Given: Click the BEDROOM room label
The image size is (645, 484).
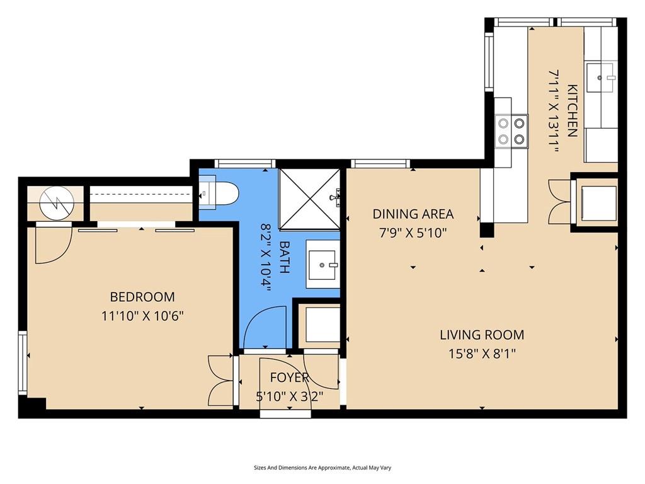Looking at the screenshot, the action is coord(142,297).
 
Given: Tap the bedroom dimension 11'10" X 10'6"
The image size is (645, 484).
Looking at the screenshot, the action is coord(142,316).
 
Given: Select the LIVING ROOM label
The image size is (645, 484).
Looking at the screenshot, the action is coord(482,335).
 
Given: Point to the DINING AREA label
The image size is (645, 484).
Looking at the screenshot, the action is coord(413,214).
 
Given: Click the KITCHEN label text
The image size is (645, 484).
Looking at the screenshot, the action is coord(573,110).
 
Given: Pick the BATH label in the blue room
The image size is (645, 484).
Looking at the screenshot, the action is coord(284,257).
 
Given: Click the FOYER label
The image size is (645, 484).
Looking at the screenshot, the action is coord(290,377).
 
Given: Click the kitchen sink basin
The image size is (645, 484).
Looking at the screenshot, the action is coord(600,78).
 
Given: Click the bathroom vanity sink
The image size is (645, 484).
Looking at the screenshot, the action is coord(322,264).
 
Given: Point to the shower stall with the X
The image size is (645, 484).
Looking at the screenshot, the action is coord(310,199).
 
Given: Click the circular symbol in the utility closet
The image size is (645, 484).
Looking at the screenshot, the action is coord(57,203).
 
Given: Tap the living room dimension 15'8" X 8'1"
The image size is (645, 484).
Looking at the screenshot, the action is coord(482,354).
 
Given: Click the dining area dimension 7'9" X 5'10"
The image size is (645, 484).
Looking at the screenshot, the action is coord(413,233).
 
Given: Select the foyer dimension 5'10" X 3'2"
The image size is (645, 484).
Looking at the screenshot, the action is coord(290,397).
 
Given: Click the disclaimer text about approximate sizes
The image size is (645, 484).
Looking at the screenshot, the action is coord(322,468).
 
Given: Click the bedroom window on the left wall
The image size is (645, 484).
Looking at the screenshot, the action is coord(23,363).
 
